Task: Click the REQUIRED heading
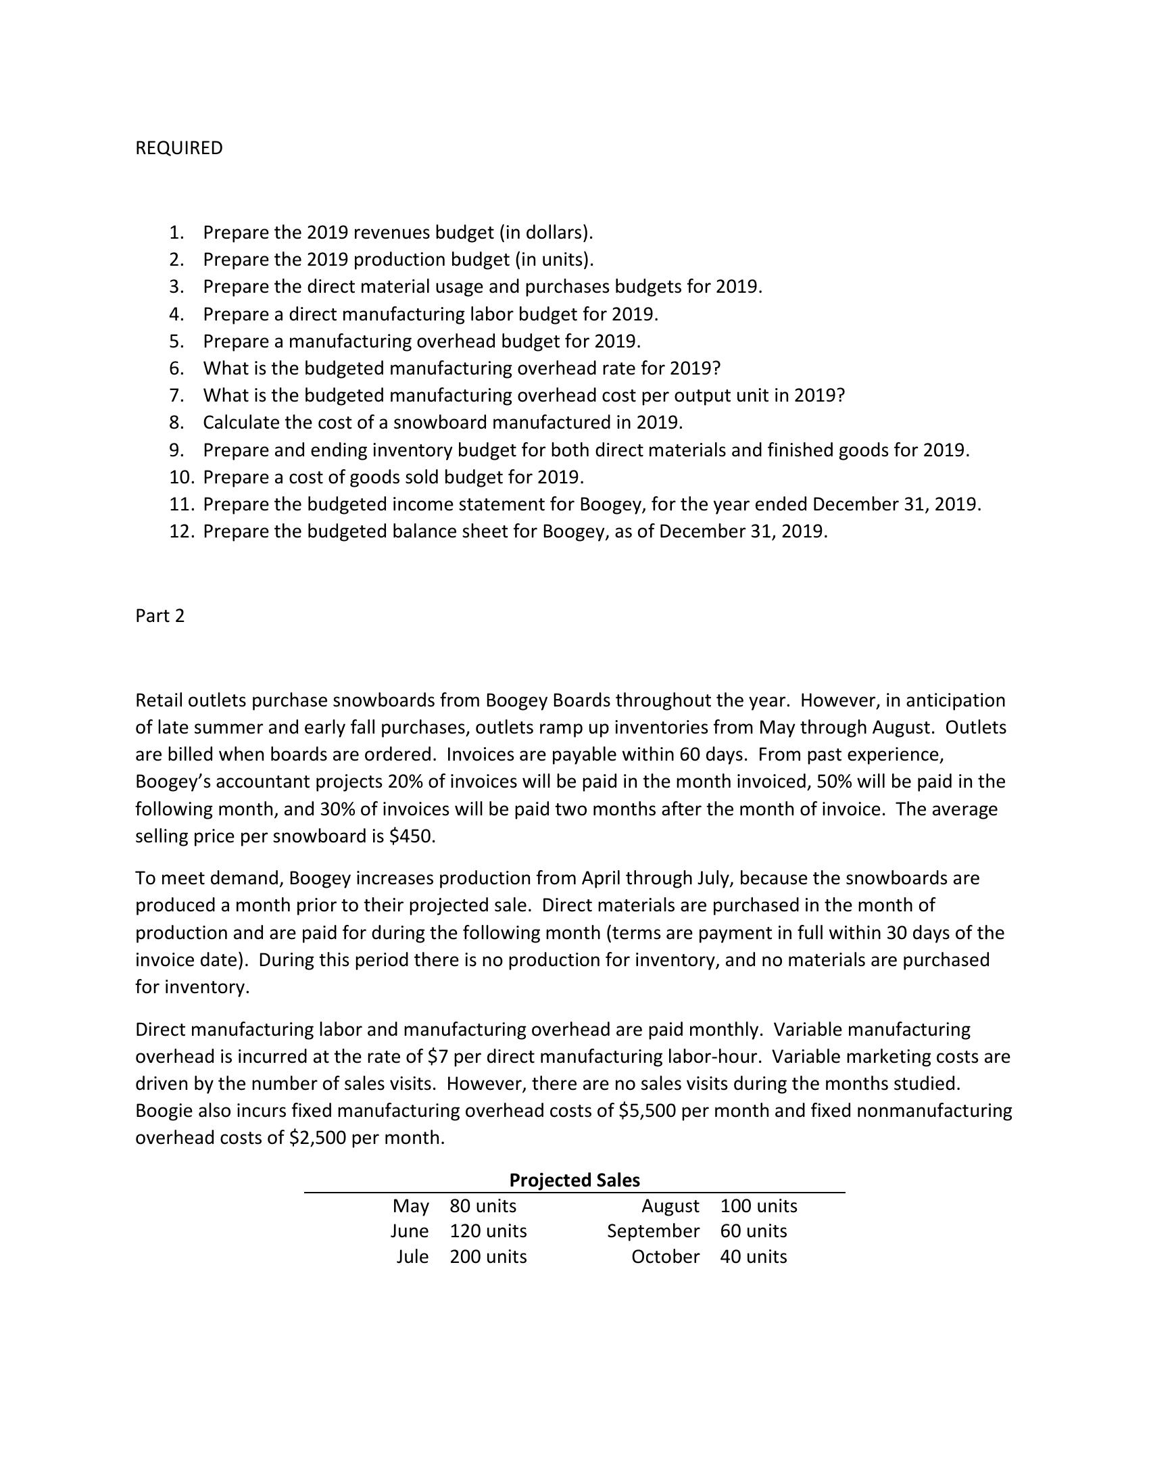178,148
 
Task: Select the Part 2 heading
160,616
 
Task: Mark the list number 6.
176,368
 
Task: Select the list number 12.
181,531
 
